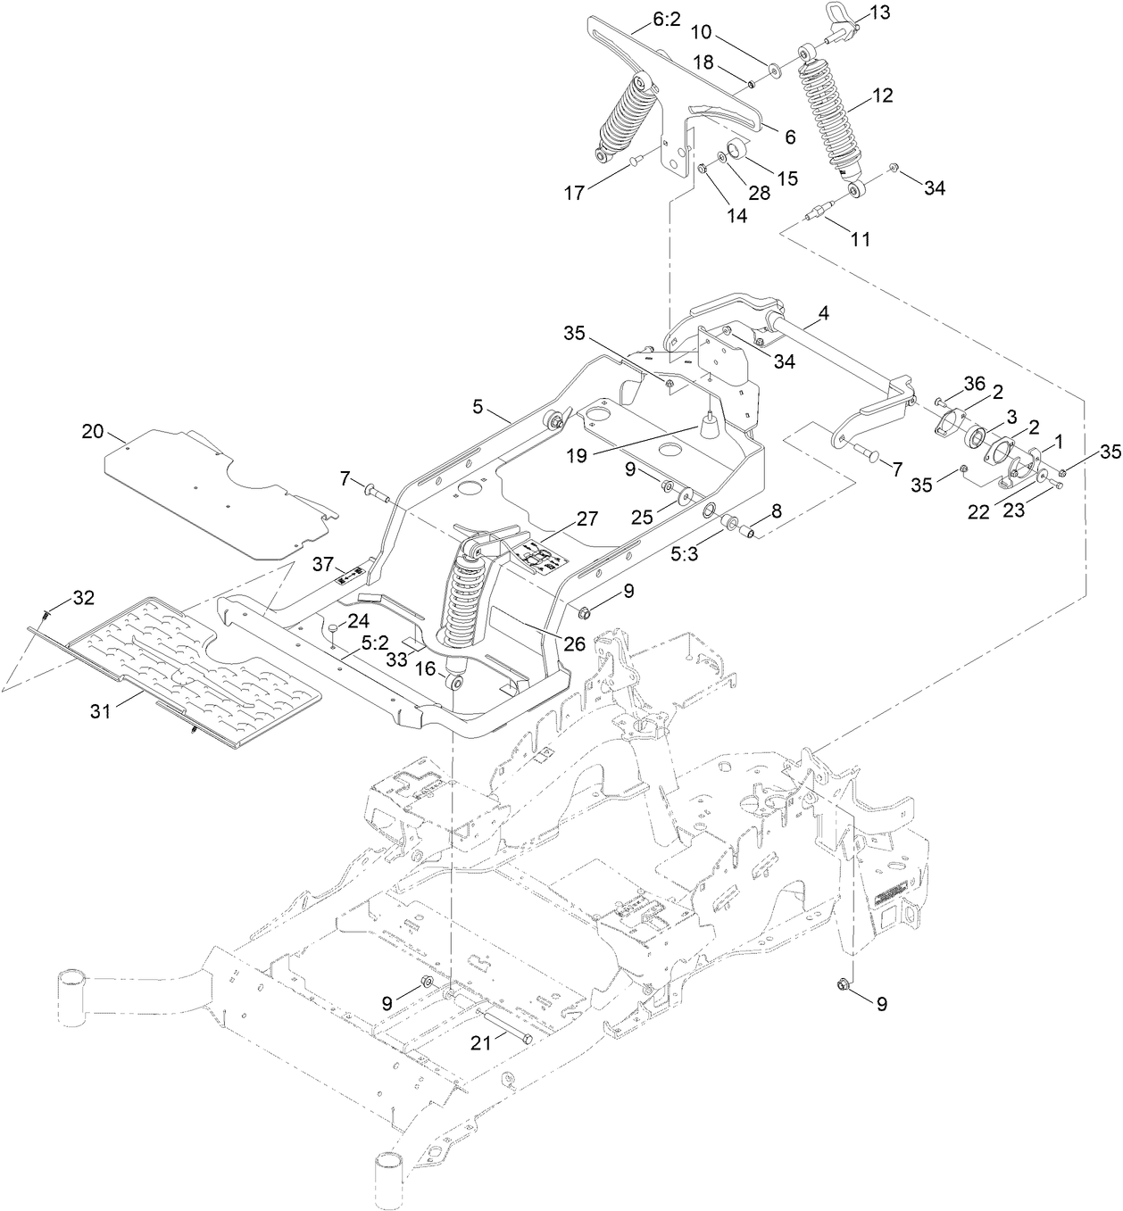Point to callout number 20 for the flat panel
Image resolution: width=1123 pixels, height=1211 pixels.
click(x=94, y=431)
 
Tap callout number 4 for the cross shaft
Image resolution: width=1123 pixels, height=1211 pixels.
click(x=822, y=313)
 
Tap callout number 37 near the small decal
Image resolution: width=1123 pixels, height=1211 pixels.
click(x=323, y=564)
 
